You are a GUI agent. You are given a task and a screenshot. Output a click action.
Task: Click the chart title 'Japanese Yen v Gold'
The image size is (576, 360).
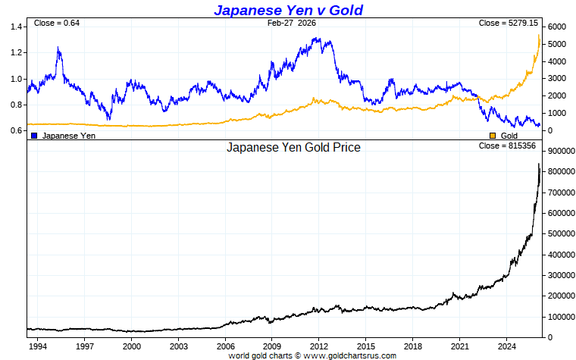tap(288, 10)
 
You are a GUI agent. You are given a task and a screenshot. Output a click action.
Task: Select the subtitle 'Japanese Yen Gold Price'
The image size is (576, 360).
tap(293, 148)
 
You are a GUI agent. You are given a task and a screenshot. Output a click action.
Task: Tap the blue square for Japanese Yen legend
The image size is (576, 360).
tap(34, 135)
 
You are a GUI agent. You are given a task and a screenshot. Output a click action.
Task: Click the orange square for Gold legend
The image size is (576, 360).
tap(493, 135)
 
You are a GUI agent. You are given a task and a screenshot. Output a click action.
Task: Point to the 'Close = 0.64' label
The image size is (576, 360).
tap(57, 23)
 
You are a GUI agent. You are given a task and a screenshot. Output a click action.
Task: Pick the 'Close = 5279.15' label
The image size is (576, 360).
tap(509, 23)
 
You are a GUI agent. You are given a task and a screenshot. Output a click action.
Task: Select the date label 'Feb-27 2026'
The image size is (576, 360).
tap(292, 23)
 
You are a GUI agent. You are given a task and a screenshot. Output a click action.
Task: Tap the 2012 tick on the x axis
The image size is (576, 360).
tap(318, 346)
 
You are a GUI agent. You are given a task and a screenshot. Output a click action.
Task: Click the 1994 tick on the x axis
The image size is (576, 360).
tap(37, 346)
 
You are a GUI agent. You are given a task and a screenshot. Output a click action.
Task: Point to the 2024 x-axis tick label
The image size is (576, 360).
tap(506, 346)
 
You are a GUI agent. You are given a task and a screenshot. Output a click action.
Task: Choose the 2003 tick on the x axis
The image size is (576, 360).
tap(178, 346)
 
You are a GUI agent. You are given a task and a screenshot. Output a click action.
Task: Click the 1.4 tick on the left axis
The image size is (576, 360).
tap(15, 27)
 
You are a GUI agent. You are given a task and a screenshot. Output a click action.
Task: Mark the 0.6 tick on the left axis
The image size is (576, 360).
tap(15, 130)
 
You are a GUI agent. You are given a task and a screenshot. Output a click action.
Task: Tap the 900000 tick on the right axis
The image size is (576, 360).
tap(562, 152)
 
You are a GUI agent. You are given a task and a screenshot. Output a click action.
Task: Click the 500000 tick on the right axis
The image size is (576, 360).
tap(562, 233)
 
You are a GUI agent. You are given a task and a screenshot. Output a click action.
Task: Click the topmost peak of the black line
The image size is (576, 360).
tap(539, 164)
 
